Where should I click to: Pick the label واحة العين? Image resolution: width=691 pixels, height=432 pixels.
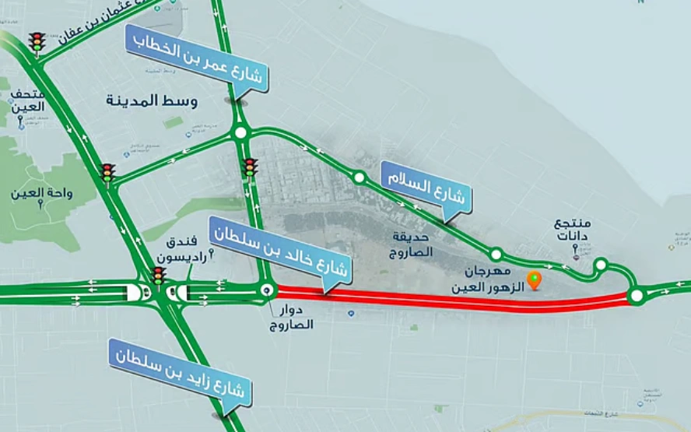click(x=41, y=192)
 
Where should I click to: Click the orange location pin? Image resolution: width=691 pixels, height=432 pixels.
click(x=534, y=279)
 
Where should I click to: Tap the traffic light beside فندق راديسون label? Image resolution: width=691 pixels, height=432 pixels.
click(x=159, y=275)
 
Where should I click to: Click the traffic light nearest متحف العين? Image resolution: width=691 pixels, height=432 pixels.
click(x=37, y=43)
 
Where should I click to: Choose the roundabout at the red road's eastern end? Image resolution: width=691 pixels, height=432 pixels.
click(x=636, y=295)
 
